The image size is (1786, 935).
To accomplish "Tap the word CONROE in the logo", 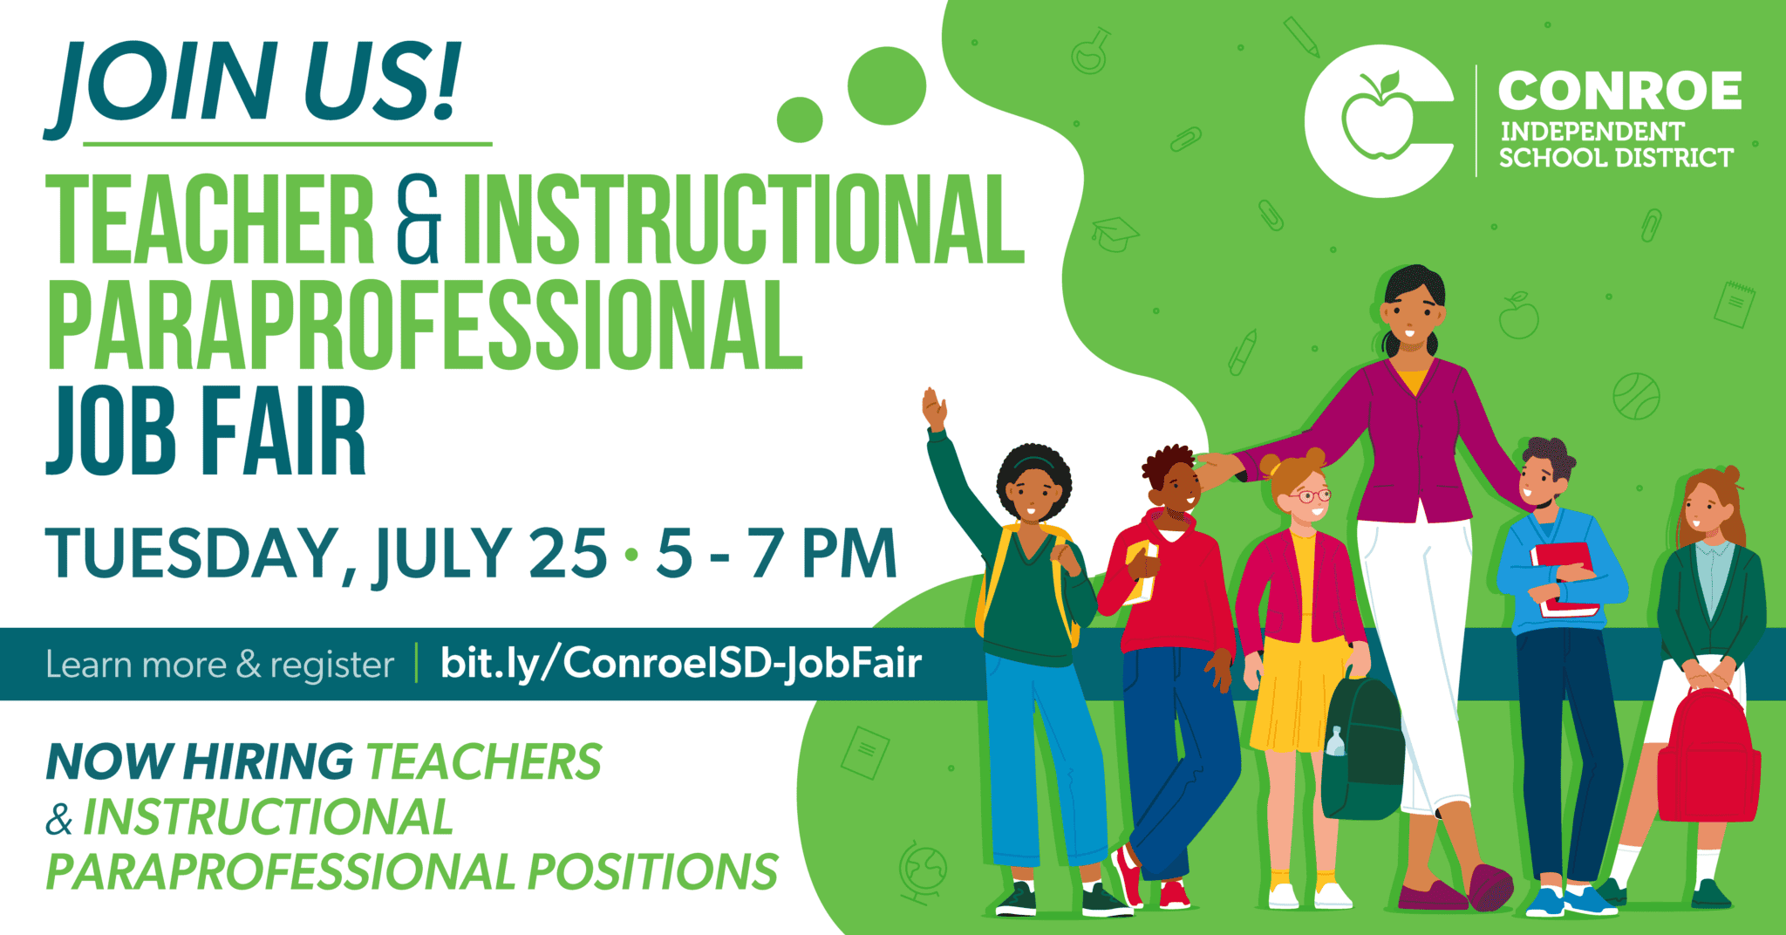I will (1619, 92).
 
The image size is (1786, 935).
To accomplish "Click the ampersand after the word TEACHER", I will (418, 219).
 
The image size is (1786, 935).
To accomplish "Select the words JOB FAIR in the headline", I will (206, 431).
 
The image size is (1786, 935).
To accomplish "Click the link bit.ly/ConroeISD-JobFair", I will (680, 663).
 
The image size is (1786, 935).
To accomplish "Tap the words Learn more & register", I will (220, 665).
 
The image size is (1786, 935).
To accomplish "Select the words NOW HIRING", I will (200, 761).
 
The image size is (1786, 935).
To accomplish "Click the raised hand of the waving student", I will (934, 408).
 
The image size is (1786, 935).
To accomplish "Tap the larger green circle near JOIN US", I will (886, 85).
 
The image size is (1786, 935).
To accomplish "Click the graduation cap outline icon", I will (1114, 233).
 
